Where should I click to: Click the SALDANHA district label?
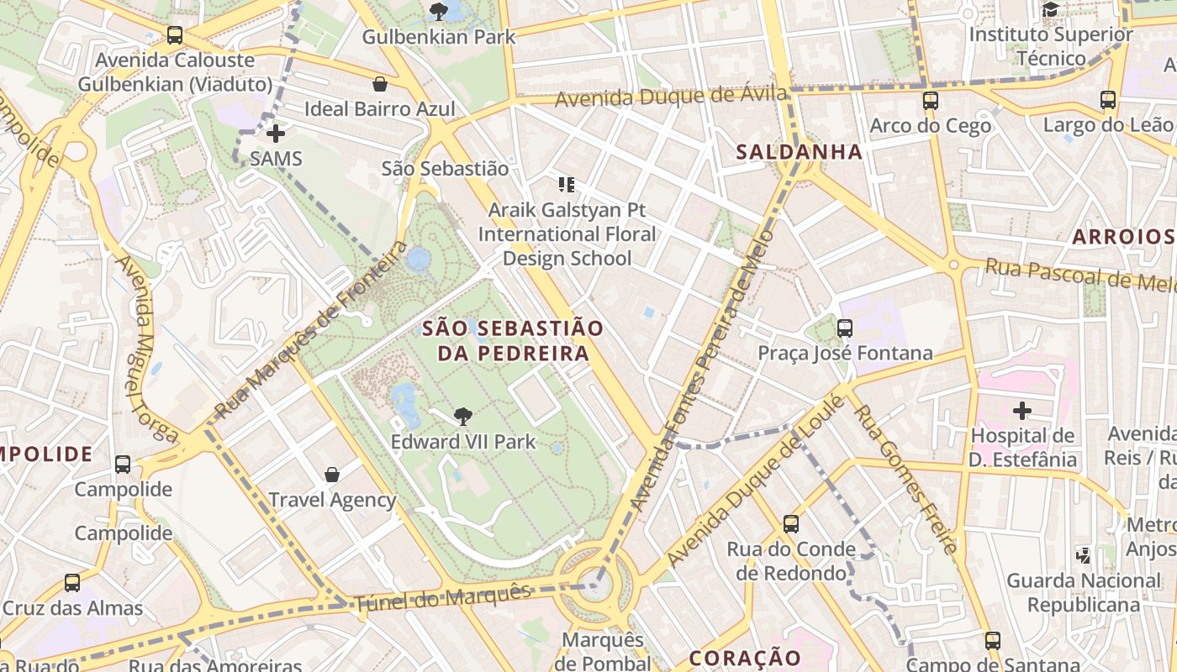coord(799,152)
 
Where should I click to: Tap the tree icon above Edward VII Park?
coord(462,416)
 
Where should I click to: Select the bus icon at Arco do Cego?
coord(930,101)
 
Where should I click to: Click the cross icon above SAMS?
coord(276,133)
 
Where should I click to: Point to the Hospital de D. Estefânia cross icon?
coord(1021,411)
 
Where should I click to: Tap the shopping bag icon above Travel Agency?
coord(332,475)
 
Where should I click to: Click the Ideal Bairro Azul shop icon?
coord(380,84)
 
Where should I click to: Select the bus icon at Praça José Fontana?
coord(845,328)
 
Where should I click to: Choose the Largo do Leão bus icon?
coord(1108,100)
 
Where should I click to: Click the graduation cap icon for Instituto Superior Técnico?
coord(1050,10)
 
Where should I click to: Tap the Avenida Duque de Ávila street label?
coord(672,97)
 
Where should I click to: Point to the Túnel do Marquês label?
coord(442,597)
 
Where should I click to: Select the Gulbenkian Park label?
coord(438,37)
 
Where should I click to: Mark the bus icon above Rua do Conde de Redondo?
coord(790,524)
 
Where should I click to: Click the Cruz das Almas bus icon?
coord(72,583)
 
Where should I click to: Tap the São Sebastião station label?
coord(445,168)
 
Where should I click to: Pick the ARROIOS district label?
coord(1122,236)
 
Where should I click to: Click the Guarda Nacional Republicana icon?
coord(1084,555)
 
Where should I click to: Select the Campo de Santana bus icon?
coord(993,641)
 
